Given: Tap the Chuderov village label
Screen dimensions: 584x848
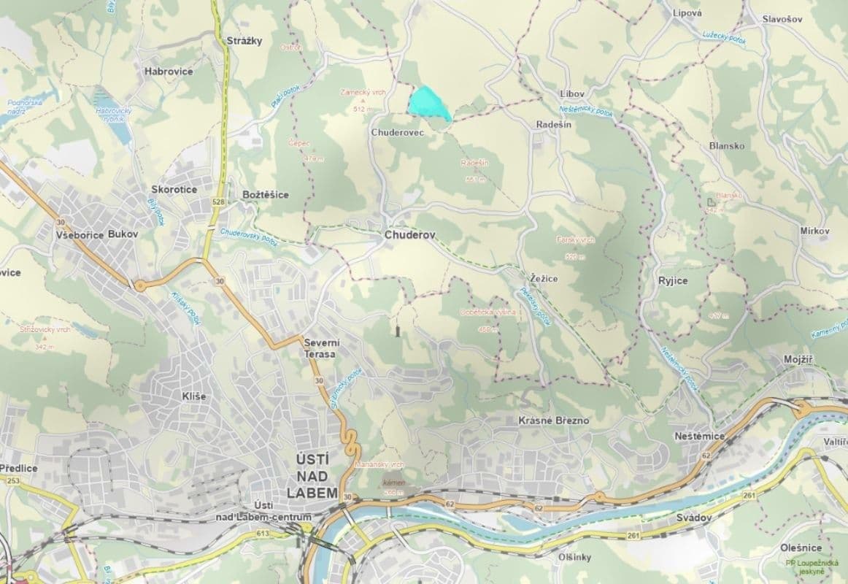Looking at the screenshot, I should pos(409,236).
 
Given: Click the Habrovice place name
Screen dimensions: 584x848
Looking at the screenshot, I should pos(169,72).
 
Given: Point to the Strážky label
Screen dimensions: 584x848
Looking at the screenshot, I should pos(244,41).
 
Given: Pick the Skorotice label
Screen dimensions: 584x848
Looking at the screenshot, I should pos(174,190).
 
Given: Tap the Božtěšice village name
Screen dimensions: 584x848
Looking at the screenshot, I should pos(265,195).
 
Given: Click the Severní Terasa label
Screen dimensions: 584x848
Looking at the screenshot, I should pos(320,347).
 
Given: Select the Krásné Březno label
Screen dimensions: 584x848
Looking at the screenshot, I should pos(553,421).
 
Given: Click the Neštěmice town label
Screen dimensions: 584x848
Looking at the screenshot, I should pos(699,436).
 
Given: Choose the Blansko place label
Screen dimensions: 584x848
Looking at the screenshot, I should pos(727,145).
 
